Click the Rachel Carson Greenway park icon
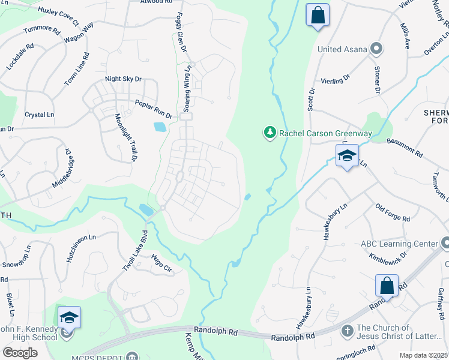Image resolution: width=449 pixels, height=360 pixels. [270, 133]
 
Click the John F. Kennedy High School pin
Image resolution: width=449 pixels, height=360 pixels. [68, 318]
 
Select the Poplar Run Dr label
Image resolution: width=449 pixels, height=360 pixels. [153, 109]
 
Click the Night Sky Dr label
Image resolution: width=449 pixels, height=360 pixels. [123, 79]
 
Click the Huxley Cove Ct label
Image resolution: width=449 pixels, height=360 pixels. [58, 17]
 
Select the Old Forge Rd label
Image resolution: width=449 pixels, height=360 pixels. [393, 213]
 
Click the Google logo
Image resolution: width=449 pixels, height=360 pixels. [20, 352]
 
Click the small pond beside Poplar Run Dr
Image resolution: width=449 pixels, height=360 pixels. [160, 127]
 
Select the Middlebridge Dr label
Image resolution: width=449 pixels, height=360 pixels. [62, 169]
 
